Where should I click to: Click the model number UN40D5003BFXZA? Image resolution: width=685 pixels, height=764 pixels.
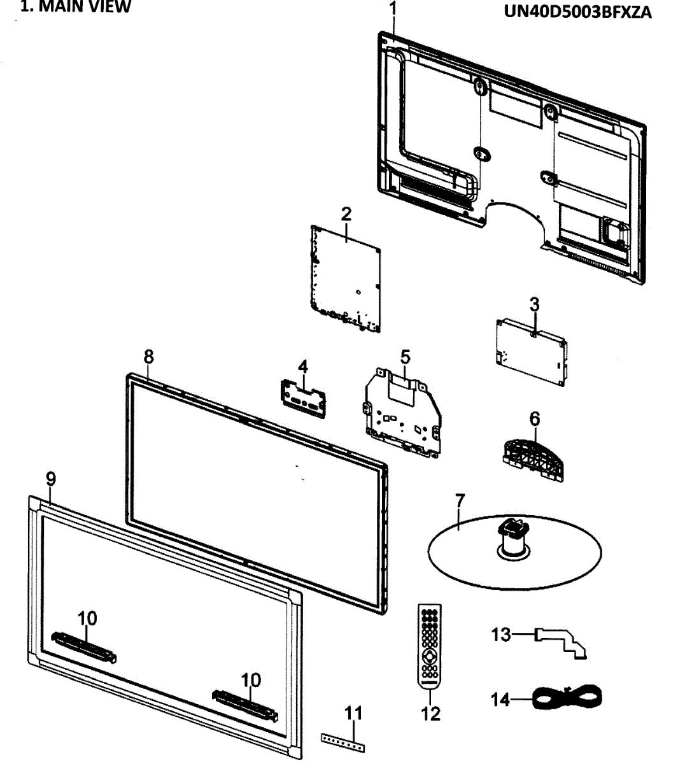(x=577, y=13)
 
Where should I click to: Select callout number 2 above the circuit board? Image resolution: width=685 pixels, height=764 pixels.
(x=346, y=214)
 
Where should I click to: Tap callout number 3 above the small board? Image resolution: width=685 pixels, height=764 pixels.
(x=534, y=304)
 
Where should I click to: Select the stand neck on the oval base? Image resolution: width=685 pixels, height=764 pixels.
(x=513, y=538)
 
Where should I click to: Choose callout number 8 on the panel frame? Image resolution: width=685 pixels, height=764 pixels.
(x=148, y=357)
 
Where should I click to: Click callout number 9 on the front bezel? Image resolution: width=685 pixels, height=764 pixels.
(x=51, y=478)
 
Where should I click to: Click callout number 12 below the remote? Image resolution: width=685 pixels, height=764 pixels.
(x=431, y=714)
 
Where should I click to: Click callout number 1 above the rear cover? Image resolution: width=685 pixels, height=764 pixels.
(x=393, y=9)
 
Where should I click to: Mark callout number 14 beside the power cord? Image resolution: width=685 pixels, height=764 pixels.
(x=500, y=699)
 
